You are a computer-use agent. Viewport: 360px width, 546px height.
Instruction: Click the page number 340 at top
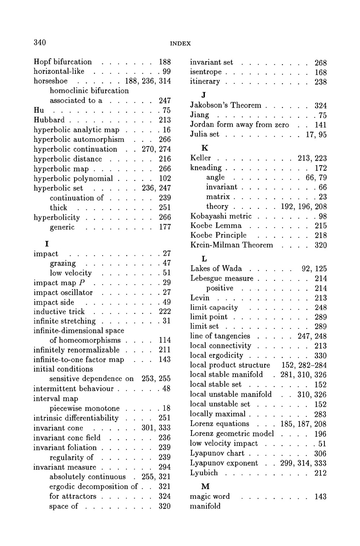(40, 42)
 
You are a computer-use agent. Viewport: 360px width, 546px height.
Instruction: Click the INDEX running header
(180, 44)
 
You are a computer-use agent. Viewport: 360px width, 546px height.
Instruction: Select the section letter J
(204, 95)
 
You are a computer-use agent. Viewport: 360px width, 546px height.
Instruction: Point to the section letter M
(205, 487)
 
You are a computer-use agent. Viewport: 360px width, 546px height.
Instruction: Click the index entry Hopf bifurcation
(63, 62)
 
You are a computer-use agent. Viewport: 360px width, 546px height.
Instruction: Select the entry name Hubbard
(49, 120)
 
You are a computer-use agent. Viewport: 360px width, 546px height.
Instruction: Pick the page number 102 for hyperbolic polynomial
(165, 179)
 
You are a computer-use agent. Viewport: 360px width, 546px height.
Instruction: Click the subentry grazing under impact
(63, 263)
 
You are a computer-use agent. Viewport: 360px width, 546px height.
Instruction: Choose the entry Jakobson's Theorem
(225, 105)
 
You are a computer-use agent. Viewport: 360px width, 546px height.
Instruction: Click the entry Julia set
(204, 134)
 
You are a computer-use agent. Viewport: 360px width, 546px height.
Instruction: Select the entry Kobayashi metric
(221, 216)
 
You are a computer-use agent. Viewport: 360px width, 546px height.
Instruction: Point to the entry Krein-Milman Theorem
(231, 245)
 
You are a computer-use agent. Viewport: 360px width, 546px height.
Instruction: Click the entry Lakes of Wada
(216, 269)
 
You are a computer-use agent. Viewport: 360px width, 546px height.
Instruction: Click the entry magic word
(210, 496)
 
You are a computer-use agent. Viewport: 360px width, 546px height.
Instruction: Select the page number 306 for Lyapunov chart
(320, 453)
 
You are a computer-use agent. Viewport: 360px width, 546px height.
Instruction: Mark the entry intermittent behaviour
(73, 389)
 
